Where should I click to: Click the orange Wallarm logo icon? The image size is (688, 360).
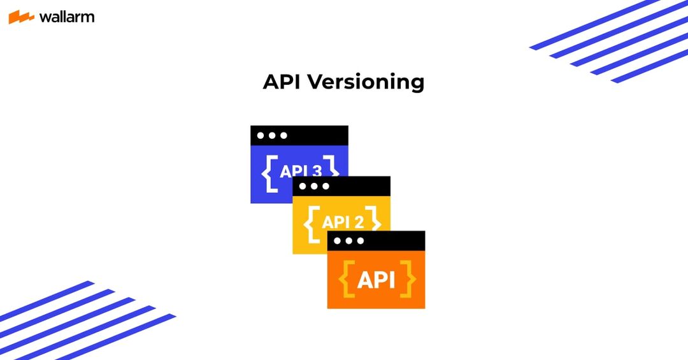[21, 17]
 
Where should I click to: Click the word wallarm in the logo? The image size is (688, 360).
[67, 17]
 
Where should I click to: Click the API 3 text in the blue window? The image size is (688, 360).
[300, 171]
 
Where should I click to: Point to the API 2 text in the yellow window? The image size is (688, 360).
[343, 222]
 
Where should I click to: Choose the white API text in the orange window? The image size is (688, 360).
[376, 279]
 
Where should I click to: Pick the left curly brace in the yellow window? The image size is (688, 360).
[312, 223]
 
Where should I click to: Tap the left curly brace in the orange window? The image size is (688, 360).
[348, 279]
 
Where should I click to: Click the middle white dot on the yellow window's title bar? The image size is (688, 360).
[314, 186]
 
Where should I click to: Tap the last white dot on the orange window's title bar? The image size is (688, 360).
[361, 241]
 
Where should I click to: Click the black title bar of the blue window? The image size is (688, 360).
[319, 136]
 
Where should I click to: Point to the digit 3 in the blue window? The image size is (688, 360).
[316, 171]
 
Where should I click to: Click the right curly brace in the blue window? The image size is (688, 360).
[332, 168]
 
